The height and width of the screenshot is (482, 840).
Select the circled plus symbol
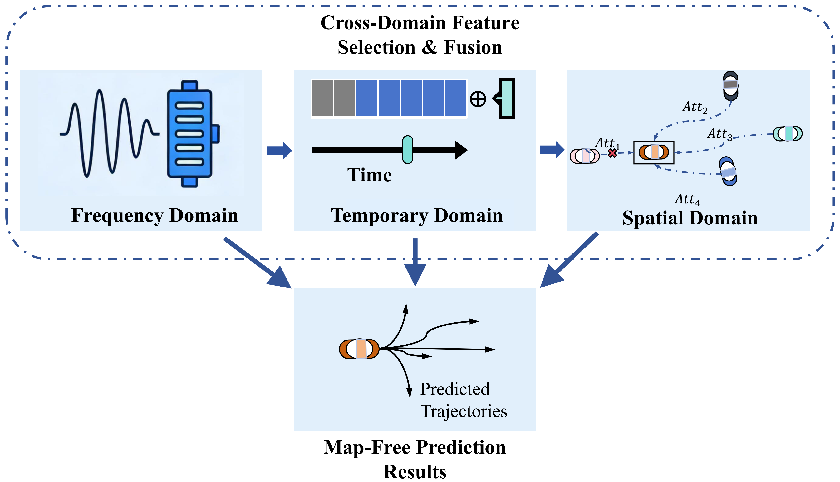click(x=478, y=99)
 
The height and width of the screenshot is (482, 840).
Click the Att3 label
click(x=720, y=134)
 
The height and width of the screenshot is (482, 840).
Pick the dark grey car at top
click(x=730, y=85)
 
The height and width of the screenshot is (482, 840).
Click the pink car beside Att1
click(x=585, y=156)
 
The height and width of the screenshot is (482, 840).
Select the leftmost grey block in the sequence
click(x=322, y=98)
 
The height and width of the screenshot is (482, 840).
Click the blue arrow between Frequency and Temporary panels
click(x=279, y=151)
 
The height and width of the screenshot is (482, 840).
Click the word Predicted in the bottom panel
click(x=454, y=389)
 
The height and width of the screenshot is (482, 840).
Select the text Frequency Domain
click(x=155, y=215)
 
